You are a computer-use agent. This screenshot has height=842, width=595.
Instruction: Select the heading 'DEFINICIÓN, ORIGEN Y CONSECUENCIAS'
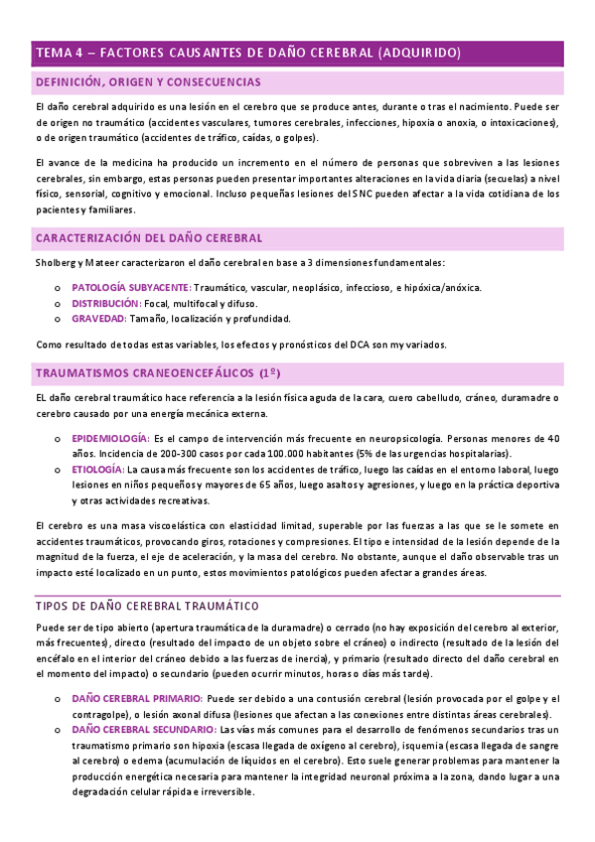click(x=148, y=81)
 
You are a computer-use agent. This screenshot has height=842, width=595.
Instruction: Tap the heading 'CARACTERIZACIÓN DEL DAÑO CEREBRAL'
click(x=149, y=238)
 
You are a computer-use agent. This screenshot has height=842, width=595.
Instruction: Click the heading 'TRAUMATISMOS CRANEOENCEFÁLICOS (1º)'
click(x=158, y=373)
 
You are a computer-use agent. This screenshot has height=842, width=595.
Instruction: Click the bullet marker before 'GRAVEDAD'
click(x=56, y=320)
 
